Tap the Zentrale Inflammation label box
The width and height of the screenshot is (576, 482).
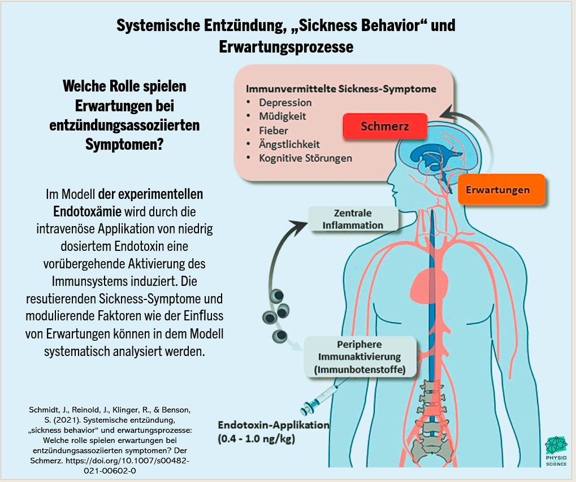pyautogui.click(x=353, y=219)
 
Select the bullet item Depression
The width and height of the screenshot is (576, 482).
pyautogui.click(x=285, y=103)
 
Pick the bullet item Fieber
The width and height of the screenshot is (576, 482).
pyautogui.click(x=274, y=131)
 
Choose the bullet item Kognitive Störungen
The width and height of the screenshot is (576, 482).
pyautogui.click(x=305, y=158)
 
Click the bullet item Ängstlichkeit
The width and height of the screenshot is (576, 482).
pyautogui.click(x=289, y=144)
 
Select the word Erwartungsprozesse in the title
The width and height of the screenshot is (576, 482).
pyautogui.click(x=286, y=47)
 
